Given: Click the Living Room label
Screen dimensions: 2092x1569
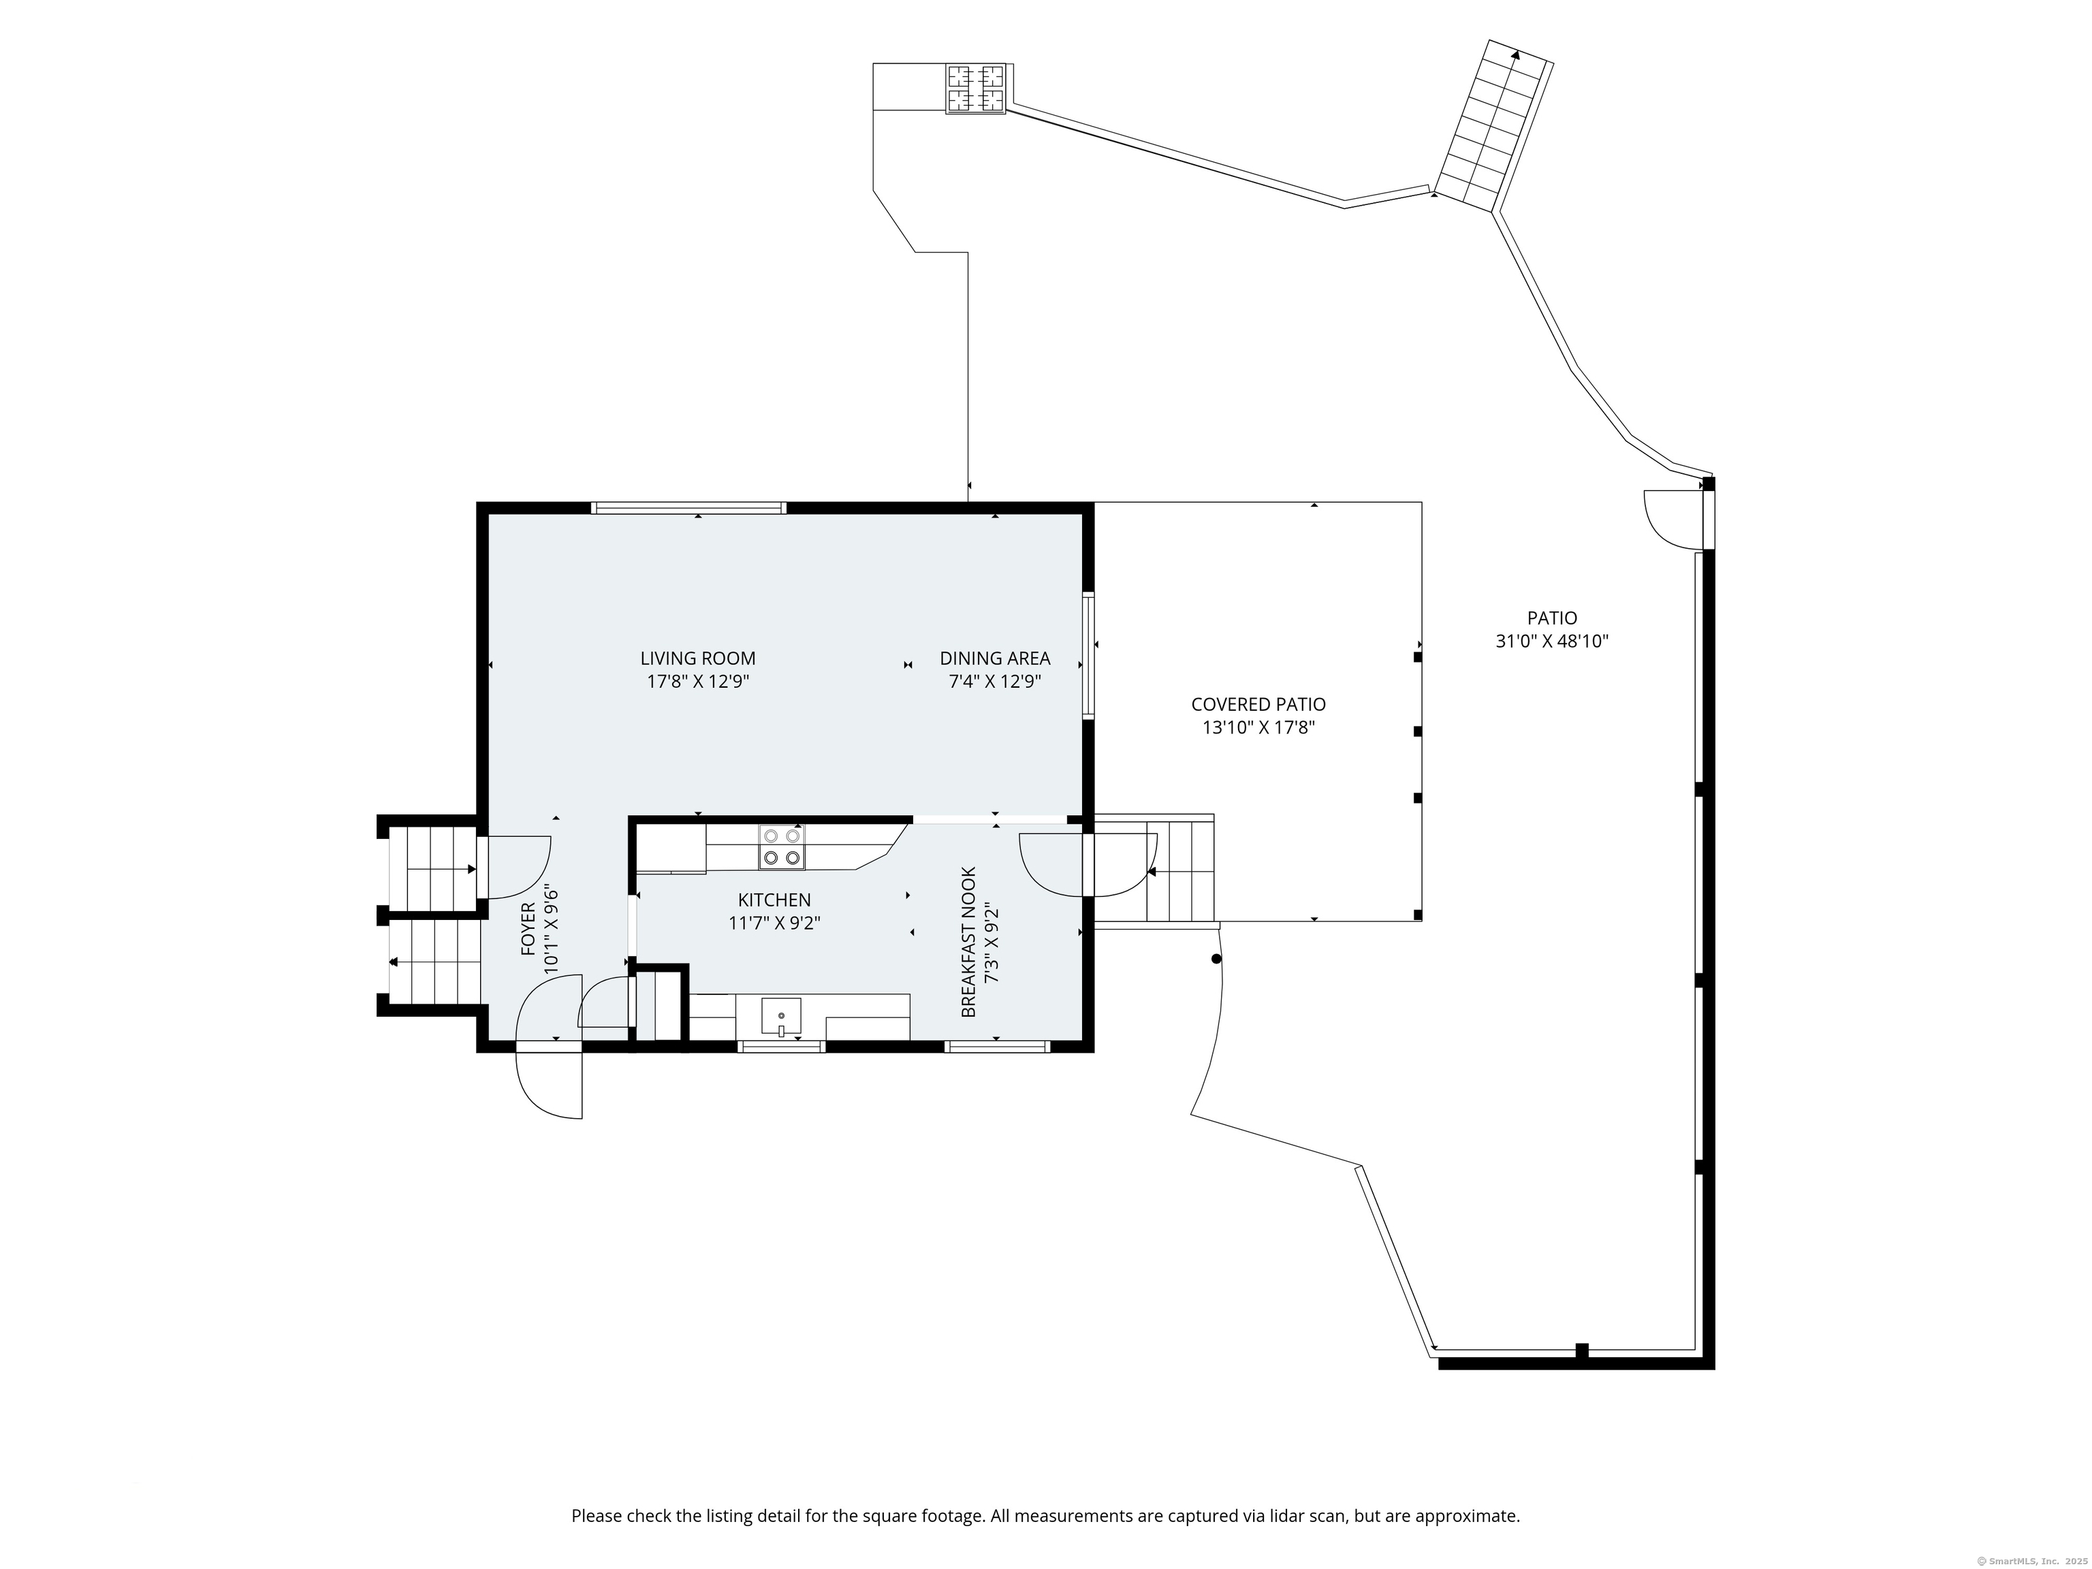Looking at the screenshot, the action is coord(698,659).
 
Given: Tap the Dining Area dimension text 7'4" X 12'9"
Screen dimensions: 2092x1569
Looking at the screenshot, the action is coord(995,681).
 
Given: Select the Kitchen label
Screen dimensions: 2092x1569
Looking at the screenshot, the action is coord(774,900).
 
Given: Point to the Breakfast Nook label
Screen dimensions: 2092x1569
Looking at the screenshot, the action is coord(968,943).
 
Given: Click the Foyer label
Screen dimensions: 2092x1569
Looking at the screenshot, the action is coord(528,929).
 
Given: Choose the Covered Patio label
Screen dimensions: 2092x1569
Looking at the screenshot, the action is coord(1258,705).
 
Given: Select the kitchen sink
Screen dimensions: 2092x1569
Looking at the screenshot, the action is coord(781,1017).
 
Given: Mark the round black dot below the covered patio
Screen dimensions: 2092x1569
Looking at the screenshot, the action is coord(1216,959).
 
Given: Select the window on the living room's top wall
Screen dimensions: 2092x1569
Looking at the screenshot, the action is coord(688,508).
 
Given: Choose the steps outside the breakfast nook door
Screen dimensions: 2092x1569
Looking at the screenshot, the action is coord(1180,870).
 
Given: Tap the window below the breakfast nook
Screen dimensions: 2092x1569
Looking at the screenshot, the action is coord(998,1045).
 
